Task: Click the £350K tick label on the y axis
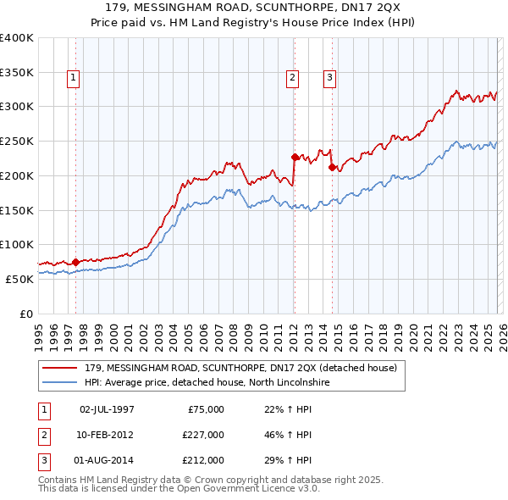coord(17,73)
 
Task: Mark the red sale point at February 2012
coord(295,157)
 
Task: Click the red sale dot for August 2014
coord(332,167)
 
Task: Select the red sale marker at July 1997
coord(75,262)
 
